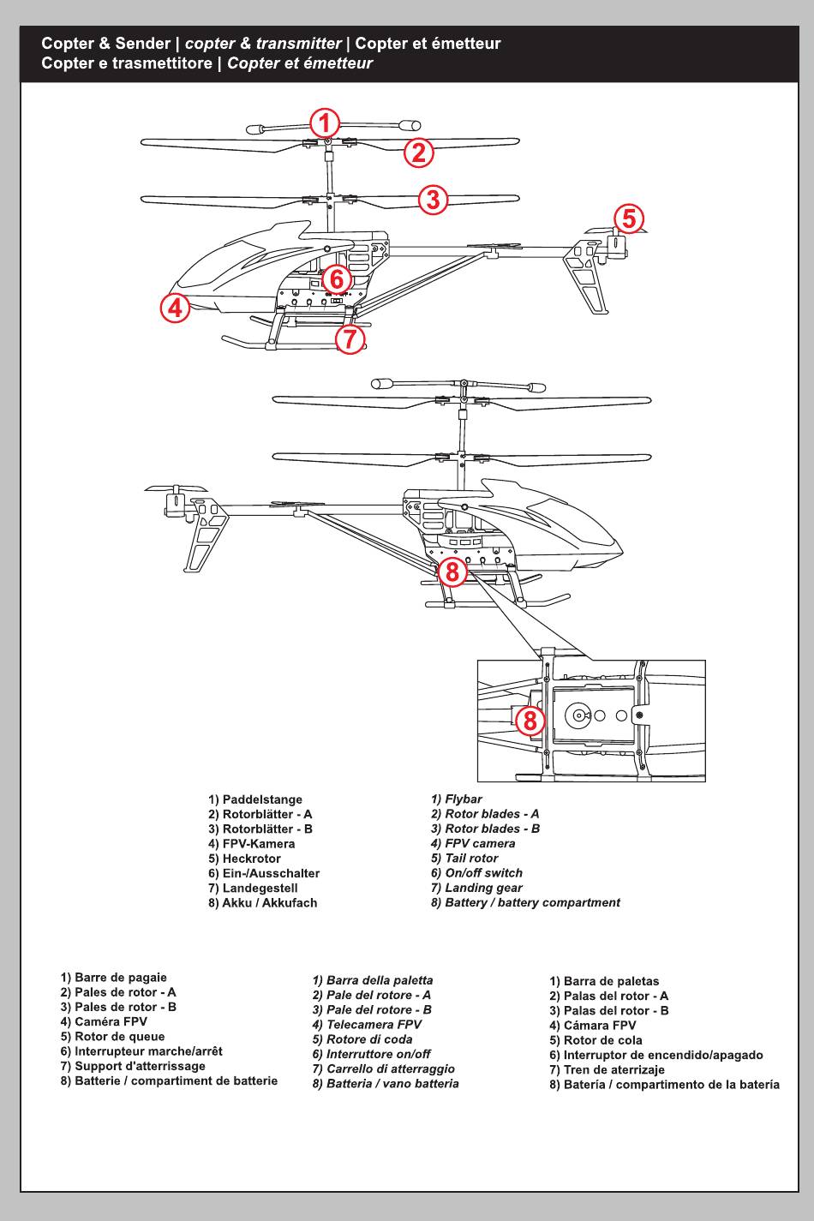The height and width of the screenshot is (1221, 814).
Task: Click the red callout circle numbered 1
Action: [324, 123]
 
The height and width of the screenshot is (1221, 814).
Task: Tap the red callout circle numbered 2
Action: [418, 153]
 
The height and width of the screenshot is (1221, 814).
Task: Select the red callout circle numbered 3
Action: [434, 199]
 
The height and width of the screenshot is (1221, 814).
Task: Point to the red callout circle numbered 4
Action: [175, 306]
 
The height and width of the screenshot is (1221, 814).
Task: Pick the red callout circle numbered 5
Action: [629, 218]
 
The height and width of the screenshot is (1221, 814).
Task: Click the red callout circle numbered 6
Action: [337, 278]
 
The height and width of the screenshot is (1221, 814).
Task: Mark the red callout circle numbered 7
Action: [350, 339]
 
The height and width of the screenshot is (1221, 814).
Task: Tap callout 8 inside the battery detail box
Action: [530, 720]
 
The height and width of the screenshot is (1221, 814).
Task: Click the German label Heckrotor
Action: [251, 859]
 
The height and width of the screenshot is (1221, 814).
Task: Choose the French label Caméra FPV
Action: [111, 1021]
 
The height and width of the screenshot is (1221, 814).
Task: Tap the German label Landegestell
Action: [260, 888]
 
